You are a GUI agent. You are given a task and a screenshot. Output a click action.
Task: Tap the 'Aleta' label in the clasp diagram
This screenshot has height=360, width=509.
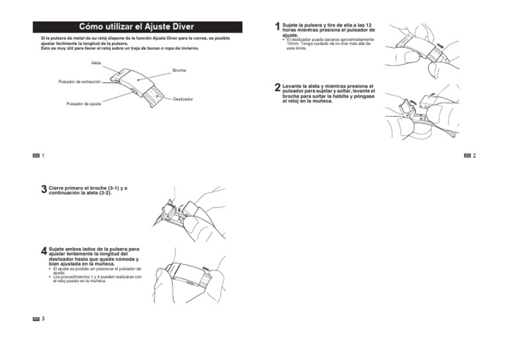point(96,62)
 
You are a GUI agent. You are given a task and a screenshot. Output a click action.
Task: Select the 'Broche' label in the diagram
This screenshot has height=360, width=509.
point(179,70)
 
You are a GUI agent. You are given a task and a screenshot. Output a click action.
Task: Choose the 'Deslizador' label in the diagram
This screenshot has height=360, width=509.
point(182,99)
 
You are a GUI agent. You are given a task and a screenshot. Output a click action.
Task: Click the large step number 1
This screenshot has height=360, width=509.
point(277,26)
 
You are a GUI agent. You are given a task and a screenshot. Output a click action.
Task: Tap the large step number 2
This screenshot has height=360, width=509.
point(277,88)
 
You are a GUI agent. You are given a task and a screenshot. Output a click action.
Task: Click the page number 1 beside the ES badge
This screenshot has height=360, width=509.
point(43,155)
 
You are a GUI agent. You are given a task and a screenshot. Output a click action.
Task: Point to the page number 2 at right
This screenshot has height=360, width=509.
point(475,155)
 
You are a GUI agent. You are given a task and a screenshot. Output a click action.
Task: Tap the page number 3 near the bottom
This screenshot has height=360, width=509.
point(43,319)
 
